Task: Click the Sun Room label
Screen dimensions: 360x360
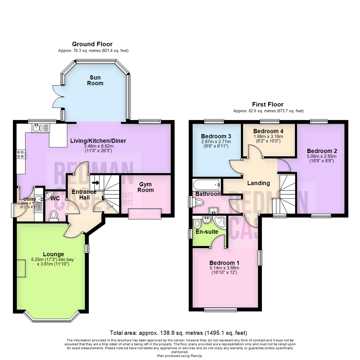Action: pos(95,80)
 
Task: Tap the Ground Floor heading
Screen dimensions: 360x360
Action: pos(92,44)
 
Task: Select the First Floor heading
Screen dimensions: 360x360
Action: pos(268,104)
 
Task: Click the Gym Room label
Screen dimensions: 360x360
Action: pos(147,187)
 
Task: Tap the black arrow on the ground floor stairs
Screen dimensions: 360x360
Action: pos(97,183)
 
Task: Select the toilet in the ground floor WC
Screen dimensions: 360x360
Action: pos(53,216)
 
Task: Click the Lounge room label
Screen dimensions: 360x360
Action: pos(53,254)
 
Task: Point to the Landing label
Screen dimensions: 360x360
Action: pos(258,183)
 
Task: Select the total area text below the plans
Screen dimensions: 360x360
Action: pos(178,333)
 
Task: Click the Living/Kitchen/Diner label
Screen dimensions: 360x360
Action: pos(98,141)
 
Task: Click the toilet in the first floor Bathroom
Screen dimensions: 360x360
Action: pos(199,202)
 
